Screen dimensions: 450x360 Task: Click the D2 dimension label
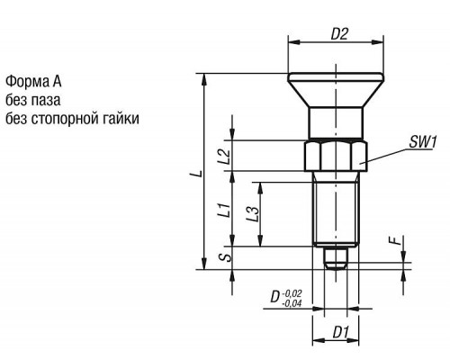(339, 34)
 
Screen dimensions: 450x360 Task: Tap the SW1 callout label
(423, 142)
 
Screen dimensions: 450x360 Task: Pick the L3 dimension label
(252, 214)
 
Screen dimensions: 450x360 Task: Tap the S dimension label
(228, 257)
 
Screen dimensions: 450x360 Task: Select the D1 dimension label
(341, 332)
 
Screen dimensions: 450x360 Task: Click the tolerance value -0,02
(292, 292)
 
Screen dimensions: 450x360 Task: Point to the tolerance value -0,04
(292, 303)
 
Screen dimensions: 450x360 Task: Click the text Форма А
(33, 81)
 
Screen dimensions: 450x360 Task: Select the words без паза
(33, 100)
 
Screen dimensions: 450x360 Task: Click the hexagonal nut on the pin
(336, 156)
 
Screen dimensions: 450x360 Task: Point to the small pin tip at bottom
(336, 257)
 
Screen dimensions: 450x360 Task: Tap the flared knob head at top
(336, 90)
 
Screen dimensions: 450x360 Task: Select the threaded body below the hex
(336, 209)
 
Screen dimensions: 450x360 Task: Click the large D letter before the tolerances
(274, 297)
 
